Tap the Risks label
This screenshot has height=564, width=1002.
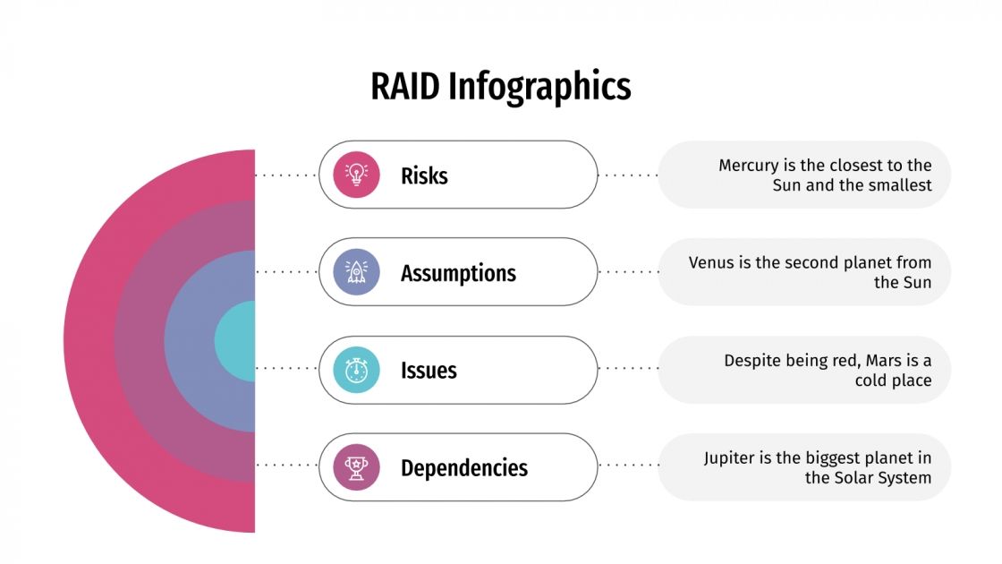pyautogui.click(x=424, y=175)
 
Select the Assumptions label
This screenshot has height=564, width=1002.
pyautogui.click(x=458, y=273)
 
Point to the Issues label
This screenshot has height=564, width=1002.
pyautogui.click(x=429, y=371)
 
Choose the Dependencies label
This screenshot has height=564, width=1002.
pyautogui.click(x=463, y=468)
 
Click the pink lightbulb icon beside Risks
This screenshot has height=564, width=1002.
pyautogui.click(x=356, y=175)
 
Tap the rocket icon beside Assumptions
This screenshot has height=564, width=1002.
pyautogui.click(x=356, y=272)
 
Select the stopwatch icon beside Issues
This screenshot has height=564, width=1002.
pyautogui.click(x=356, y=370)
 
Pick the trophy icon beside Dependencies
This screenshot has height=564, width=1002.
pyautogui.click(x=356, y=467)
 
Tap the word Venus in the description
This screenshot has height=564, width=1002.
pyautogui.click(x=712, y=263)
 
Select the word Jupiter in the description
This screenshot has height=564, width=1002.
pyautogui.click(x=729, y=458)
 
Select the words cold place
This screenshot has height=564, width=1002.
pyautogui.click(x=893, y=380)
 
